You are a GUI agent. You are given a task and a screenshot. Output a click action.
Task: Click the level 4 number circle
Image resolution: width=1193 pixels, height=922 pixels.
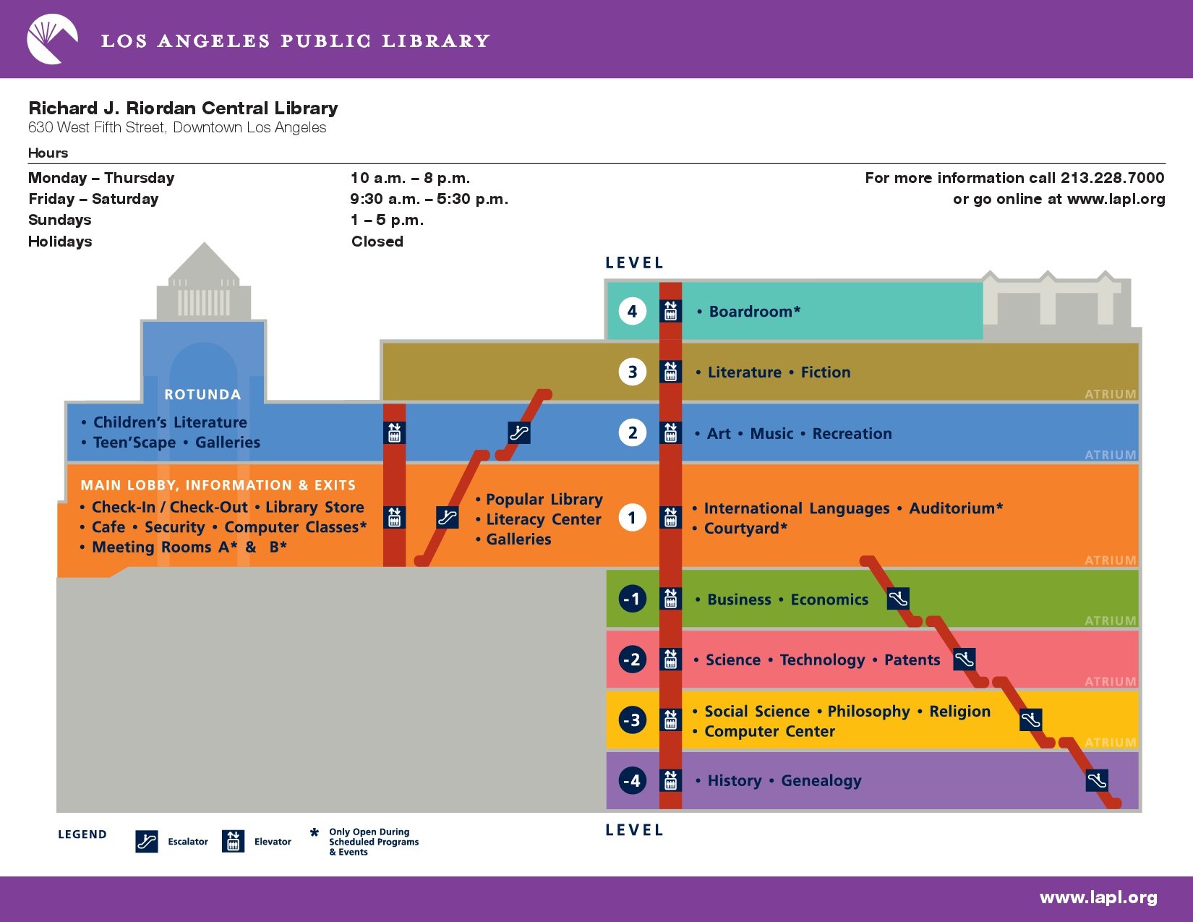click(x=632, y=312)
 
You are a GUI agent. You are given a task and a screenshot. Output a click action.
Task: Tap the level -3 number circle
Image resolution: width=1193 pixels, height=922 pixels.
click(x=632, y=720)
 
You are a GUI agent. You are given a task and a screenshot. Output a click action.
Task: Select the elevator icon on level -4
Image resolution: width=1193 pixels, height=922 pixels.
click(x=670, y=780)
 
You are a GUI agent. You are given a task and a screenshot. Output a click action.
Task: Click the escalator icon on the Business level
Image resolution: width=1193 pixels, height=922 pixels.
click(x=897, y=599)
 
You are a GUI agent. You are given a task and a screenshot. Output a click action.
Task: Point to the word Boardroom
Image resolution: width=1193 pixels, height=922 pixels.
click(x=751, y=312)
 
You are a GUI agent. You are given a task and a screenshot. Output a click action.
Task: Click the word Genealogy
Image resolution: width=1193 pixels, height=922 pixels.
click(x=821, y=781)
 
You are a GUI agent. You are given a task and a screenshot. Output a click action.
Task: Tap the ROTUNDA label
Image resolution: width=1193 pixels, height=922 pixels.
click(x=202, y=394)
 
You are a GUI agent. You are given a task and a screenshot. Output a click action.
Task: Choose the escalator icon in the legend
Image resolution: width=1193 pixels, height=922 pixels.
click(x=147, y=841)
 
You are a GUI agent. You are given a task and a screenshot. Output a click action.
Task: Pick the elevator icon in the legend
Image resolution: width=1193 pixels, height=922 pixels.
click(x=233, y=841)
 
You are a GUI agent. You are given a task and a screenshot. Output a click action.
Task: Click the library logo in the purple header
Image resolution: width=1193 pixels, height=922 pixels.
click(x=52, y=39)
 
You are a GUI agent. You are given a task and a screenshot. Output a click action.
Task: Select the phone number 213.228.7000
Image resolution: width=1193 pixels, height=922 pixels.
click(x=1112, y=178)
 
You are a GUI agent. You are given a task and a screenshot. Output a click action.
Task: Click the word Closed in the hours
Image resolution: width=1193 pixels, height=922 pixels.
click(x=377, y=242)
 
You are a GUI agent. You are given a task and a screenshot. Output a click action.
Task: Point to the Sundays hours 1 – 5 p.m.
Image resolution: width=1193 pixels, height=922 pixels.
click(x=387, y=221)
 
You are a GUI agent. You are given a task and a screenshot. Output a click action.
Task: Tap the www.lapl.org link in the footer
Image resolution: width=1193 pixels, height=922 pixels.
click(x=1098, y=897)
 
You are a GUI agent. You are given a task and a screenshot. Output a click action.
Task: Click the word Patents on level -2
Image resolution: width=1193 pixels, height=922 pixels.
click(x=912, y=660)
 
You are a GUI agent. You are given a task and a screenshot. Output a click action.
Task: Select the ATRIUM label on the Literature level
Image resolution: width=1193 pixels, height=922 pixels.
click(x=1110, y=394)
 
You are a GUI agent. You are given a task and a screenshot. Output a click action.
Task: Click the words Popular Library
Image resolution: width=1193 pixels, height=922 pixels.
click(x=544, y=499)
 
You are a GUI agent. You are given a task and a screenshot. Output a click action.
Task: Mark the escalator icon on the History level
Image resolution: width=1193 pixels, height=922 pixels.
click(x=1096, y=780)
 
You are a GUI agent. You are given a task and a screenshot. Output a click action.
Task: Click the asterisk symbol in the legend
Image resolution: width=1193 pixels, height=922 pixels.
click(x=315, y=832)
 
